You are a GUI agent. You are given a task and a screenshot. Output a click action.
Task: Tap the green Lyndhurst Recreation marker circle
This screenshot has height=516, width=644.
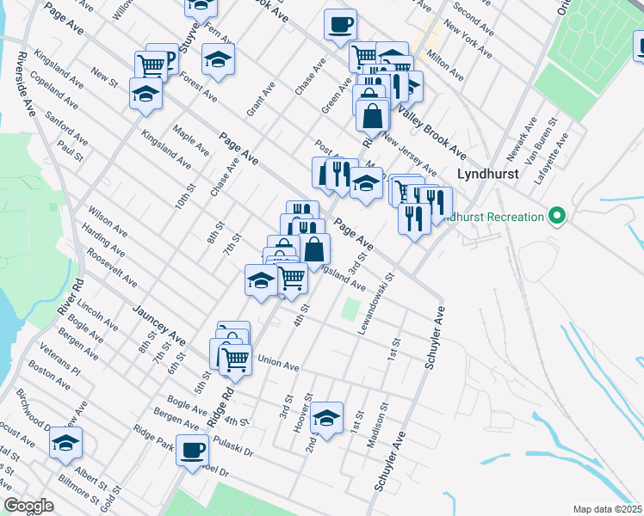[556, 216]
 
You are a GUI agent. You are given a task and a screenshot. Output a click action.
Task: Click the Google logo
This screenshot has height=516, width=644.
[28, 506]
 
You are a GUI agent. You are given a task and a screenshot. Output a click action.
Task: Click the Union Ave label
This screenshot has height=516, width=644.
[277, 364]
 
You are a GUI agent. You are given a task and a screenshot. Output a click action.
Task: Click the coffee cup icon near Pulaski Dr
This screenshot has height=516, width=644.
[192, 448]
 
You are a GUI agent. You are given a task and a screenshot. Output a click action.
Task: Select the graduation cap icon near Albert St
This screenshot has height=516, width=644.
[65, 442]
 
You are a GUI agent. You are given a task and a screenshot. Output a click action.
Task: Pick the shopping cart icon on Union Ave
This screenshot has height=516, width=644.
[235, 359]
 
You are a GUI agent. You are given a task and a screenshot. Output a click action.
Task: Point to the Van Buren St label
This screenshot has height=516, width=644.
[548, 148]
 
